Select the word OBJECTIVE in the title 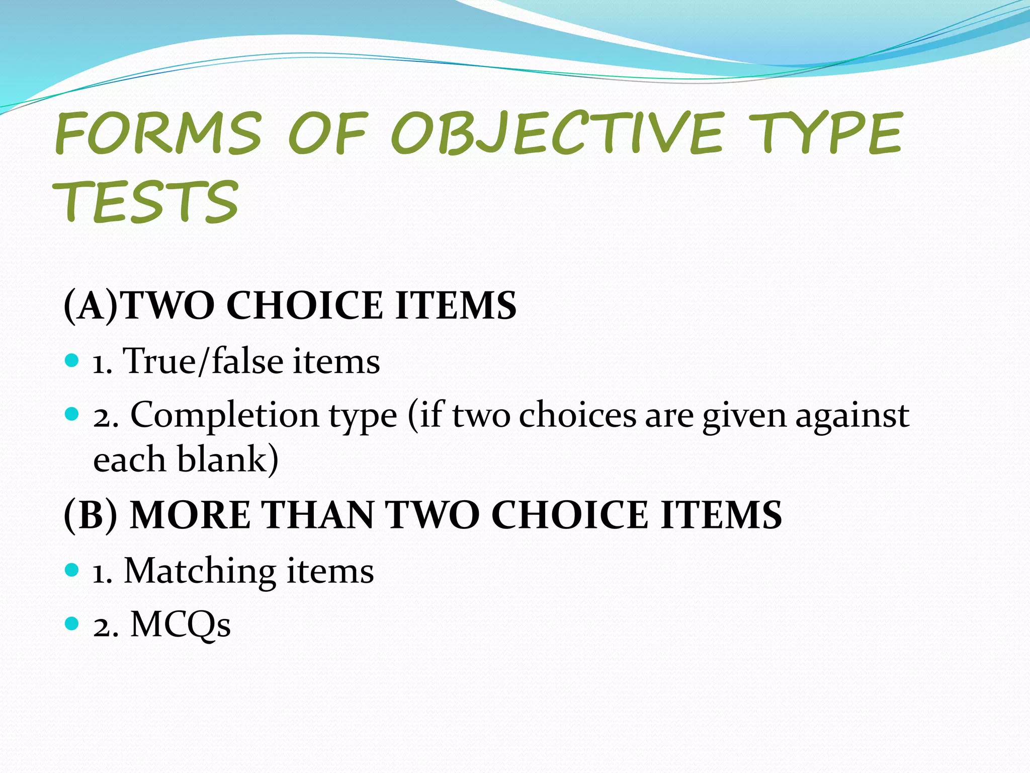[557, 133]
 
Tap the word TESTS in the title [146, 202]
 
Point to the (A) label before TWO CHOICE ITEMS [91, 305]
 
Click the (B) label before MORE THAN [91, 515]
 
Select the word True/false [204, 361]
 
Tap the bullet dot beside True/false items [72, 360]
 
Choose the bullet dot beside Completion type [72, 415]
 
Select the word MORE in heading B [190, 515]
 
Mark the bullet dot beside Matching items [72, 570]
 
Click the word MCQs [181, 625]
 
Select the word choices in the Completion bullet [578, 416]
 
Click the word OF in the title [328, 133]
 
